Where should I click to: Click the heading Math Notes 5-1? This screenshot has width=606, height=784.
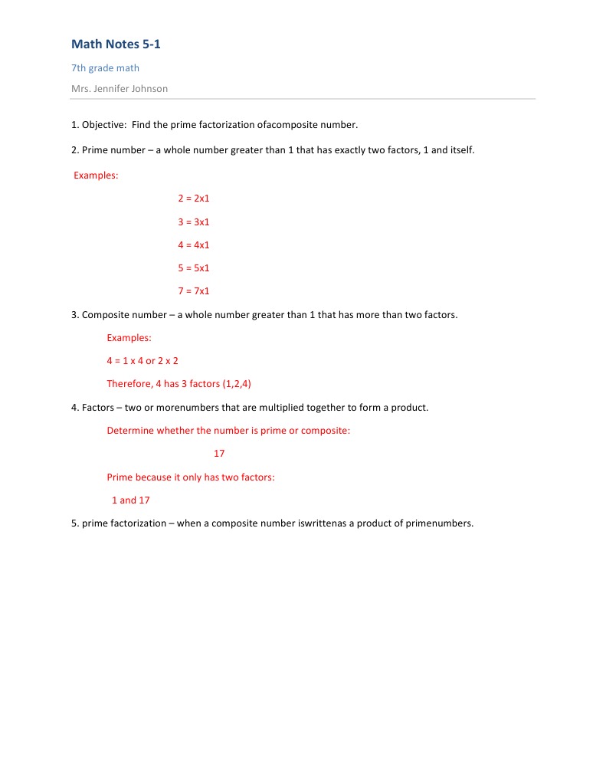116,44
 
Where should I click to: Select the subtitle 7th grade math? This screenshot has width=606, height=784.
105,68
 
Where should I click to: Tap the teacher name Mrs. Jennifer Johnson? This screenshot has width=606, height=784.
120,88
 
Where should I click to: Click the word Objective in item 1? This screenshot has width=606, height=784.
103,124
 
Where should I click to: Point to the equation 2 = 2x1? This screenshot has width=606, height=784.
193,198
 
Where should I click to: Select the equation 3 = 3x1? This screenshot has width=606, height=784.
193,221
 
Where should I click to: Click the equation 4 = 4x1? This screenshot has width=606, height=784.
193,244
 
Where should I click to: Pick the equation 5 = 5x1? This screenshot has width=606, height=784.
193,268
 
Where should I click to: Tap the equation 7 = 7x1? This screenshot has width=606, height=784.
193,291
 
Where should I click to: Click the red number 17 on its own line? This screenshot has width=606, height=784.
219,454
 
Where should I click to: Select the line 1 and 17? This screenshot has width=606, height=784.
131,500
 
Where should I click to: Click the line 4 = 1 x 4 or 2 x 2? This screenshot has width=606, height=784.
142,361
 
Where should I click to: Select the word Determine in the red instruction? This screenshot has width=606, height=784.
130,431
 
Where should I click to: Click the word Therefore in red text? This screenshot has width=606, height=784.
129,384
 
